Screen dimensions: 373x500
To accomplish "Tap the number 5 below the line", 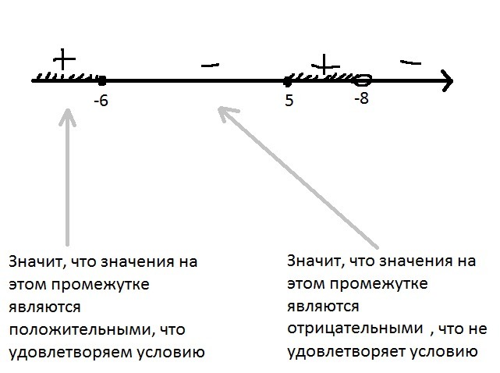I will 289,100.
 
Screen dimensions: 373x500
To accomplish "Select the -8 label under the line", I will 360,99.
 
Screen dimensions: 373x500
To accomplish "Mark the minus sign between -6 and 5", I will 209,66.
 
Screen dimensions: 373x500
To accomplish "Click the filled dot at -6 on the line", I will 102,80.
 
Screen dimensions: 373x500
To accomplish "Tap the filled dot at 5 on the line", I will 289,80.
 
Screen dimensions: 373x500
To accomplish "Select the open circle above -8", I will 363,79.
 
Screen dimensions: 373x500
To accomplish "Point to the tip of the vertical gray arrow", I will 68,112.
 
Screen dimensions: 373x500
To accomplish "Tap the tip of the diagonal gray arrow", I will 222,111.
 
